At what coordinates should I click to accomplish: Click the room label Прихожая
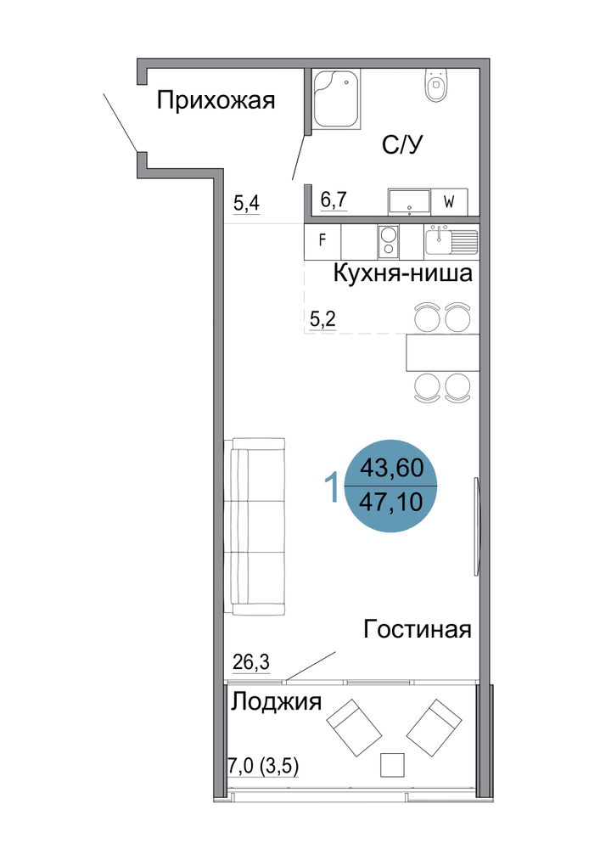(x=216, y=101)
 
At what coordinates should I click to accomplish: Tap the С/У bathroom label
(x=402, y=144)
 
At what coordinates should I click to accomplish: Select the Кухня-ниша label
(x=402, y=273)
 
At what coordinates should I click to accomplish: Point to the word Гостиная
(x=418, y=629)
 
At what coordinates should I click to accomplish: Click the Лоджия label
(x=277, y=702)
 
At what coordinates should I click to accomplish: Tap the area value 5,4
(x=246, y=204)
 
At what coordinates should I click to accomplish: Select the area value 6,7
(x=334, y=200)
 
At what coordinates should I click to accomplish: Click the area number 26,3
(x=251, y=661)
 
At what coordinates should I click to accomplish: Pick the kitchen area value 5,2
(x=322, y=318)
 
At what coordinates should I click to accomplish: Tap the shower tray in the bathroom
(x=336, y=98)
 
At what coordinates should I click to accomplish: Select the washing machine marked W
(x=449, y=202)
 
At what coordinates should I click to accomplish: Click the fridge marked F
(x=322, y=240)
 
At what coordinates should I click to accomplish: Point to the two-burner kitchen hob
(x=387, y=241)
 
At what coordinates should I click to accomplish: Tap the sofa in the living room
(x=255, y=526)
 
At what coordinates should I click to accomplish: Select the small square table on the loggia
(x=392, y=765)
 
